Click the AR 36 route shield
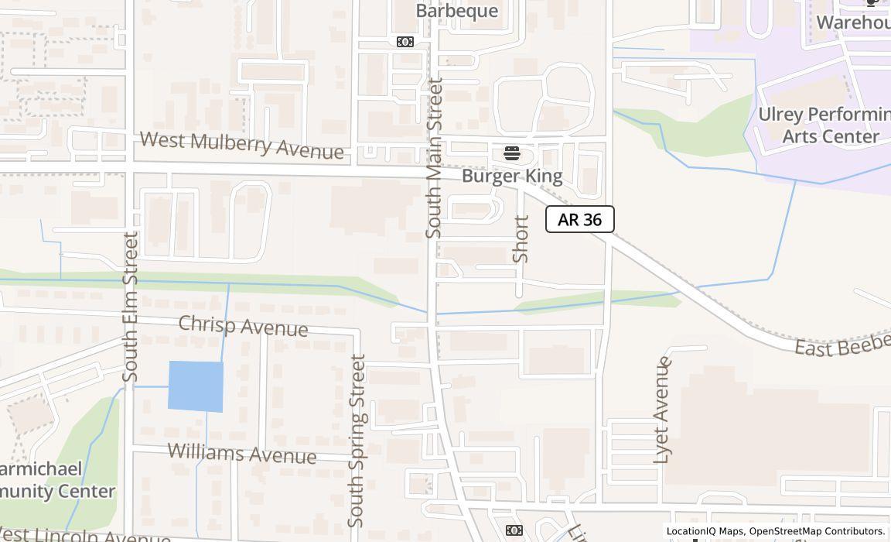[x=579, y=219]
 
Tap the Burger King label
[x=512, y=177]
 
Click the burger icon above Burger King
[x=512, y=153]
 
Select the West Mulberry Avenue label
[x=241, y=145]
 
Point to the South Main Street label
[x=435, y=157]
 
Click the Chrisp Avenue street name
[x=243, y=326]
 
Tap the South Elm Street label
[x=130, y=307]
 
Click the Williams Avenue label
[x=241, y=453]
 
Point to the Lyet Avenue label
[x=662, y=410]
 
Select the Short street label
[x=521, y=238]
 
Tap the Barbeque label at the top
[x=456, y=11]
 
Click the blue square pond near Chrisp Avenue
[x=196, y=386]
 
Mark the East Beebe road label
[x=842, y=345]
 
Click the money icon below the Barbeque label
[x=405, y=42]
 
